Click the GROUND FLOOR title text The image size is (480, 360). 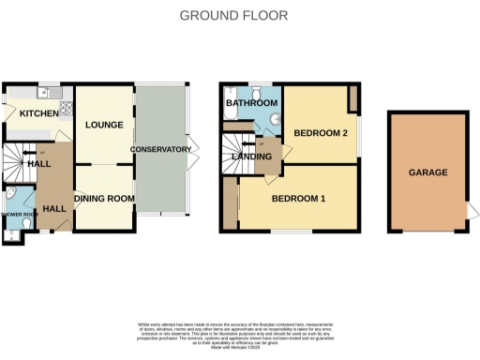click(x=233, y=15)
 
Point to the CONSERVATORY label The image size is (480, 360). click(x=160, y=150)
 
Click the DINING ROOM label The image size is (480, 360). click(x=104, y=199)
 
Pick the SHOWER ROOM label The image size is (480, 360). click(x=18, y=214)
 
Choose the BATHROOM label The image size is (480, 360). click(x=250, y=102)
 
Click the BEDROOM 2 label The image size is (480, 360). click(x=321, y=134)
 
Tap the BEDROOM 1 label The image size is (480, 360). click(x=298, y=199)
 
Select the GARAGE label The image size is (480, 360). click(x=427, y=173)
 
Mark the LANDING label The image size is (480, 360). click(x=253, y=157)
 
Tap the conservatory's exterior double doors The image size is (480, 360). click(x=192, y=150)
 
